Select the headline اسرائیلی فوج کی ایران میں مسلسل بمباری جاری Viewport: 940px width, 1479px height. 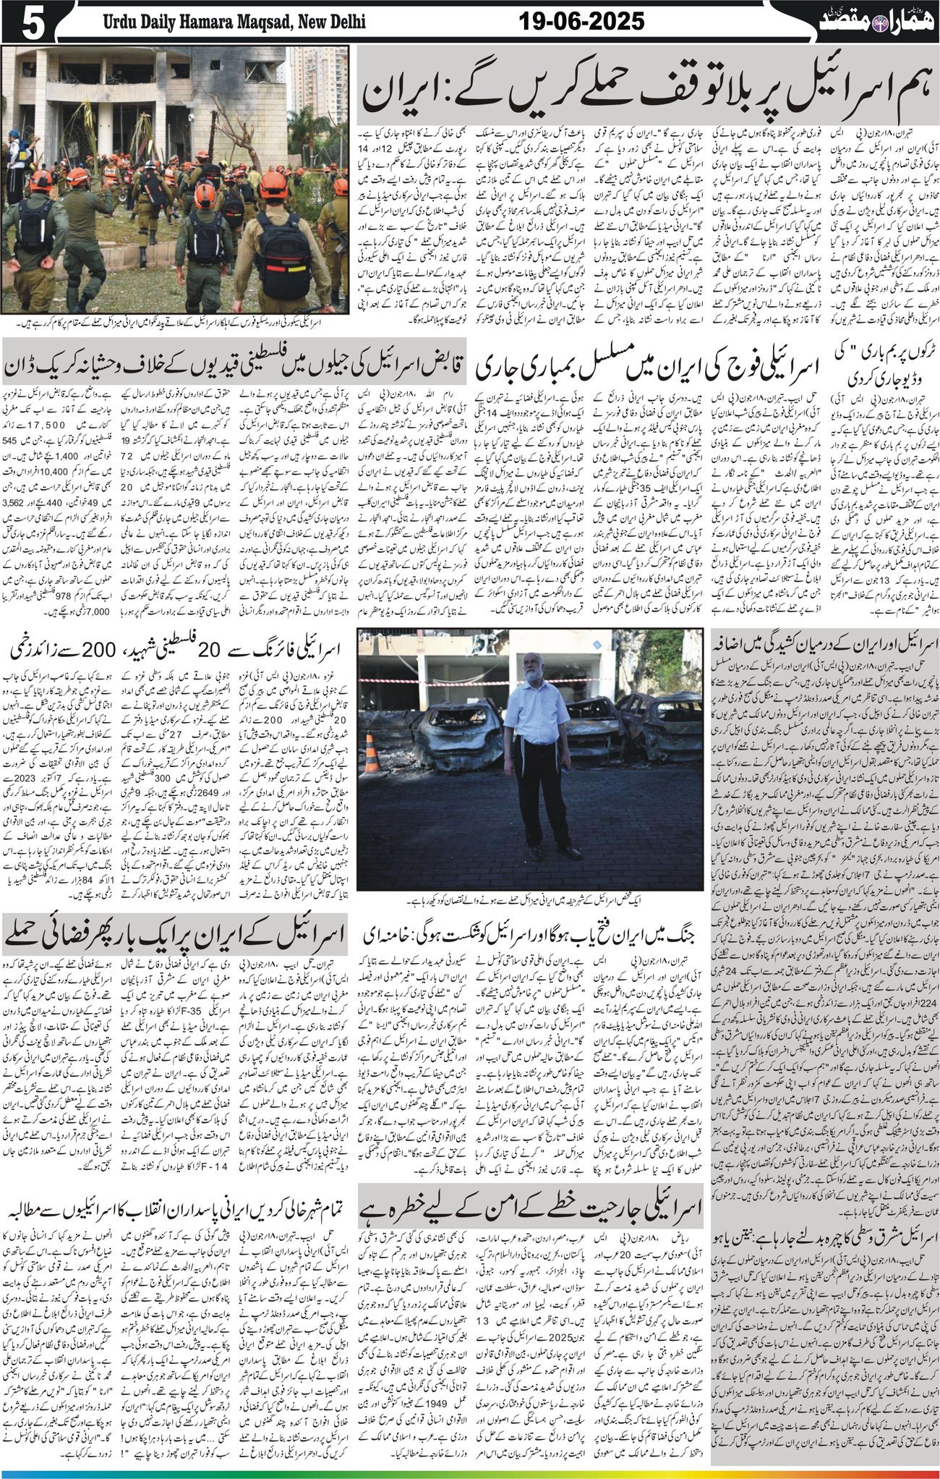[649, 366]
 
